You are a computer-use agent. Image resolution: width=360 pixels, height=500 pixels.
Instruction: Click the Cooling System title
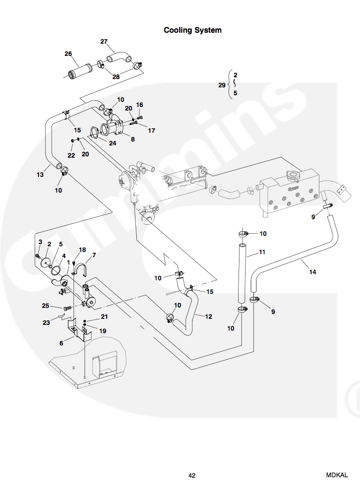(192, 30)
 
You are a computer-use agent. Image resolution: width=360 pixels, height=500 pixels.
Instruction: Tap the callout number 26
(68, 54)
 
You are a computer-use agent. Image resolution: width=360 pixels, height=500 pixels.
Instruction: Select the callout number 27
(104, 41)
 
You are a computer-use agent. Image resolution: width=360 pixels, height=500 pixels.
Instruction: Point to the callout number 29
(222, 85)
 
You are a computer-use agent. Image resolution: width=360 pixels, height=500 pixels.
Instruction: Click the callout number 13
(40, 174)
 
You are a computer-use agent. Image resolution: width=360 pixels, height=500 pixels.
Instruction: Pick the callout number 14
(312, 272)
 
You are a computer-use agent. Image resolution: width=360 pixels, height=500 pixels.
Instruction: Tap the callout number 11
(262, 252)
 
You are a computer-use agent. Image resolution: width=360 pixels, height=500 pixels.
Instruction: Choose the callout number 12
(208, 316)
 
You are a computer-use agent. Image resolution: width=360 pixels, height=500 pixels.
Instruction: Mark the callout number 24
(113, 143)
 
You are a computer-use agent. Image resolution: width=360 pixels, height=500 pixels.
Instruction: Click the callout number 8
(133, 139)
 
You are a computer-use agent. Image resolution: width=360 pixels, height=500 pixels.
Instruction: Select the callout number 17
(152, 130)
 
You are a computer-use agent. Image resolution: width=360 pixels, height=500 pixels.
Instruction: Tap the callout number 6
(61, 343)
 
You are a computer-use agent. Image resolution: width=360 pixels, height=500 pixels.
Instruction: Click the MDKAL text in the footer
(336, 475)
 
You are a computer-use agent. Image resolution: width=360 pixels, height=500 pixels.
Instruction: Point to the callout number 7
(94, 255)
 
